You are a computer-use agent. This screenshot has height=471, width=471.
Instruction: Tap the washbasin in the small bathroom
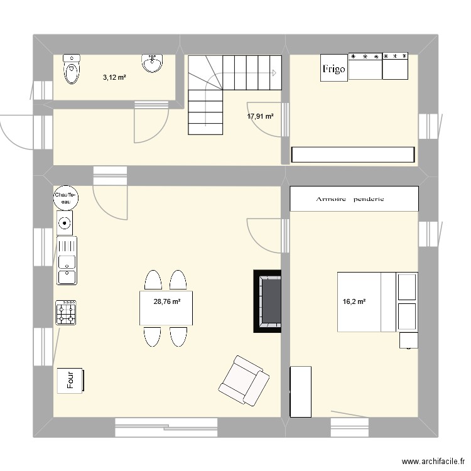click(152, 62)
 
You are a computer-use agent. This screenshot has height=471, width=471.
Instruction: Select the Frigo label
click(333, 69)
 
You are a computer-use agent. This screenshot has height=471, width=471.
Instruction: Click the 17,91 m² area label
click(261, 116)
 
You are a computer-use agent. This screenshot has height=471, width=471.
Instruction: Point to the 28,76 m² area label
click(167, 301)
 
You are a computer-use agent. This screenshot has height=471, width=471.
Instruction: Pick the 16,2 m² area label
click(354, 301)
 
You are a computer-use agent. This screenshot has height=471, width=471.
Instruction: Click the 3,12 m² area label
click(114, 78)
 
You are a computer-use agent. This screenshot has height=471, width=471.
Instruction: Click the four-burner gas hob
click(67, 312)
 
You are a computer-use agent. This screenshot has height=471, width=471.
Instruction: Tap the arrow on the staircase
click(274, 73)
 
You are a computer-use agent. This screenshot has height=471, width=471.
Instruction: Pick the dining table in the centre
click(166, 308)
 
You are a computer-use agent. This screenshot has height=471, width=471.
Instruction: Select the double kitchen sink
click(66, 260)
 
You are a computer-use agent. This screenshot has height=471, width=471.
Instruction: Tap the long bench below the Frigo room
click(353, 154)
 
